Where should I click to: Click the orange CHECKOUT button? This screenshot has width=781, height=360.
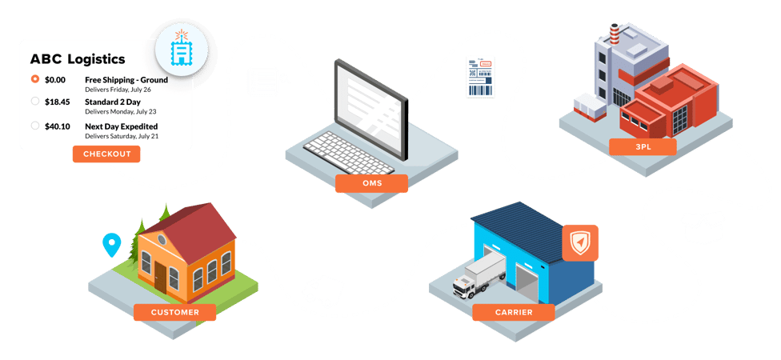tap(106, 154)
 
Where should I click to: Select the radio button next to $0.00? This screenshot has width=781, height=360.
tap(34, 79)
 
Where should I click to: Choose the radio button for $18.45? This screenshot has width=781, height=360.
tap(34, 102)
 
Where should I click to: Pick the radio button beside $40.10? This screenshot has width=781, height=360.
tap(34, 126)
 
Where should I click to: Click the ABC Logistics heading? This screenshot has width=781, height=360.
tap(77, 59)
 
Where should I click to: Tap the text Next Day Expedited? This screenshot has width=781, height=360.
tap(121, 126)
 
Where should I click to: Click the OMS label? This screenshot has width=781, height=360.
tap(371, 183)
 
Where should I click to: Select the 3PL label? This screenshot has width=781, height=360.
tap(642, 146)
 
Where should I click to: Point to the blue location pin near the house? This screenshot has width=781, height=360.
tap(111, 242)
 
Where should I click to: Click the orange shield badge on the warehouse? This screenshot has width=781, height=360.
tap(579, 242)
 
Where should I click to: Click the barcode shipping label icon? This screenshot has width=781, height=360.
tap(478, 78)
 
